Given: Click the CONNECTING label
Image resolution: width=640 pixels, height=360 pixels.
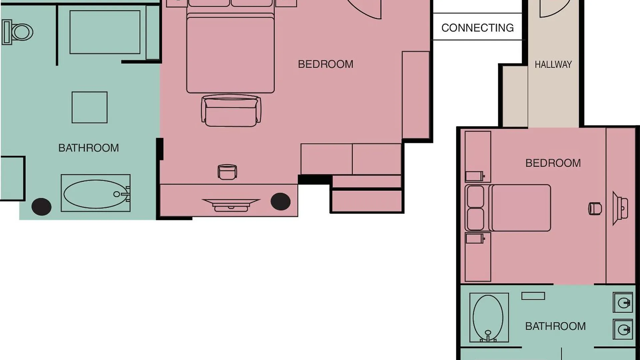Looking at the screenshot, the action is pyautogui.click(x=477, y=28).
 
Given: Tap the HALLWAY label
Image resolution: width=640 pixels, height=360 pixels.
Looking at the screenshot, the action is pyautogui.click(x=553, y=64).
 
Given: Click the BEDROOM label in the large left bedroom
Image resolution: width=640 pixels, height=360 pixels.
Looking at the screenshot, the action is pyautogui.click(x=326, y=64).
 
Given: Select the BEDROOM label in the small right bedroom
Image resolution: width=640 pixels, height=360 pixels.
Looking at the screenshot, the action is pyautogui.click(x=553, y=163).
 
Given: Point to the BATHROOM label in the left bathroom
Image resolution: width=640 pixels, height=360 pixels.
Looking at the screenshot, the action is pyautogui.click(x=89, y=148).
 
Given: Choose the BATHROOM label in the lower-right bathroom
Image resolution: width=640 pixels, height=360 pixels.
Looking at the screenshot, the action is pyautogui.click(x=555, y=326).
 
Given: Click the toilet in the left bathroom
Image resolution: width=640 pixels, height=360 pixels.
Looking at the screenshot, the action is pyautogui.click(x=17, y=32).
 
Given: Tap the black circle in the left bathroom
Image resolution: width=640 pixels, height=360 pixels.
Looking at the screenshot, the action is pyautogui.click(x=41, y=207).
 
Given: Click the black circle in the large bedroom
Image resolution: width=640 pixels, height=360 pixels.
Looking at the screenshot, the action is pyautogui.click(x=281, y=202).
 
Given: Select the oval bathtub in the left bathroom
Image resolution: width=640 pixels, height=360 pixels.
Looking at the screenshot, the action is pyautogui.click(x=95, y=194).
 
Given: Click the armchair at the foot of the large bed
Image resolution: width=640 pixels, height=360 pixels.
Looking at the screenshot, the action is pyautogui.click(x=231, y=111).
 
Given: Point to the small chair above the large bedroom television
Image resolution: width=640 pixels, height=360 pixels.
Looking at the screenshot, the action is pyautogui.click(x=227, y=172).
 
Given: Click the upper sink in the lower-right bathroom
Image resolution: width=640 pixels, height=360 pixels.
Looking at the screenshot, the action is pyautogui.click(x=623, y=303).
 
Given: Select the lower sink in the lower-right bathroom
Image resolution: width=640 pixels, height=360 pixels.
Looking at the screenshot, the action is pyautogui.click(x=623, y=329).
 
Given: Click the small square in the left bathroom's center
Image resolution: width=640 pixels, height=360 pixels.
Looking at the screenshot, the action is pyautogui.click(x=90, y=107).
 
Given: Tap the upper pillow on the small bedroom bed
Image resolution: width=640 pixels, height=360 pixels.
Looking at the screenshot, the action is pyautogui.click(x=475, y=196).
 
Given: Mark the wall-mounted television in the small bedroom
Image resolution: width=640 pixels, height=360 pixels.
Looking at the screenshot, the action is pyautogui.click(x=620, y=208).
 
